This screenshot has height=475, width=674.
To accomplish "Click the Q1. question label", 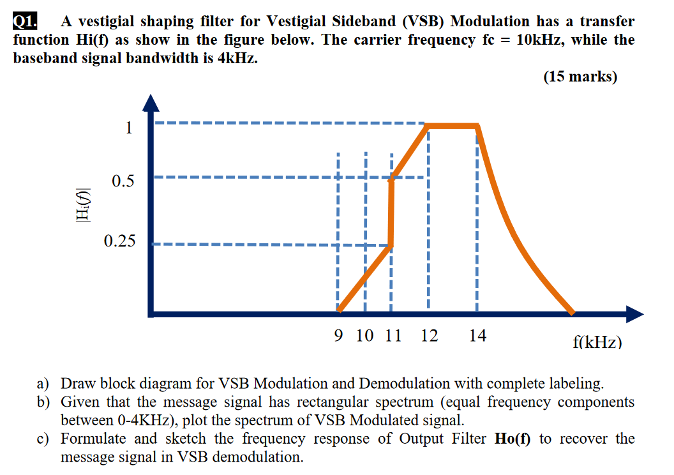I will (x=25, y=21).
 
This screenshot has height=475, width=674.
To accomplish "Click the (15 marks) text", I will (x=580, y=77).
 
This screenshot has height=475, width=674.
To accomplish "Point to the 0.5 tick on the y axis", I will (x=123, y=181).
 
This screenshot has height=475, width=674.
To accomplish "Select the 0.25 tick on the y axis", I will (x=119, y=241).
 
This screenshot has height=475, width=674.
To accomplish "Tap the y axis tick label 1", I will (x=129, y=128).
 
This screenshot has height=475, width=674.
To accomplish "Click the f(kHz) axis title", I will (x=597, y=343).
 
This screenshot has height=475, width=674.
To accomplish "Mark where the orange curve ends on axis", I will (x=572, y=313).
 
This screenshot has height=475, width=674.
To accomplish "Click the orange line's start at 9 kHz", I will (x=340, y=311).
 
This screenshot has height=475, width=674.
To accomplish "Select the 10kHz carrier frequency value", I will (x=539, y=40).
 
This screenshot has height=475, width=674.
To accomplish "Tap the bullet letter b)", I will (x=43, y=402).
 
